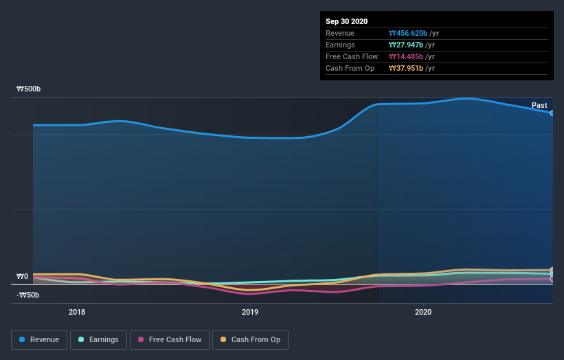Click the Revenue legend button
pos(39,339)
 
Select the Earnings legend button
pos(98,339)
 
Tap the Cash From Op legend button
pos(250,339)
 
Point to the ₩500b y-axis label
pos(29,89)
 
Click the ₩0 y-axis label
pos(23,277)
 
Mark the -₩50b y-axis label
pos(27,295)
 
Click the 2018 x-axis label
pos(78,312)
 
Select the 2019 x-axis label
pos(250,312)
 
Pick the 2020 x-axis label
pos(424,312)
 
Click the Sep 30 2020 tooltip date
pos(346,21)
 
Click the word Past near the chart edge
pos(539,105)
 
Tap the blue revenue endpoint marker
pos(552,113)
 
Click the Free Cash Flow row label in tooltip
pos(352,56)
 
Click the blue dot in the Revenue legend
pos(22,339)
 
